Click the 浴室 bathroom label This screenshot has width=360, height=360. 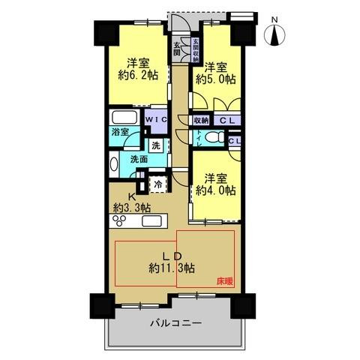tap(121, 132)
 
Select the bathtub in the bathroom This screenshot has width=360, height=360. tap(122, 118)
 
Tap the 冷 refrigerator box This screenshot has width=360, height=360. tap(158, 182)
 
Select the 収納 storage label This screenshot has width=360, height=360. tap(200, 119)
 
